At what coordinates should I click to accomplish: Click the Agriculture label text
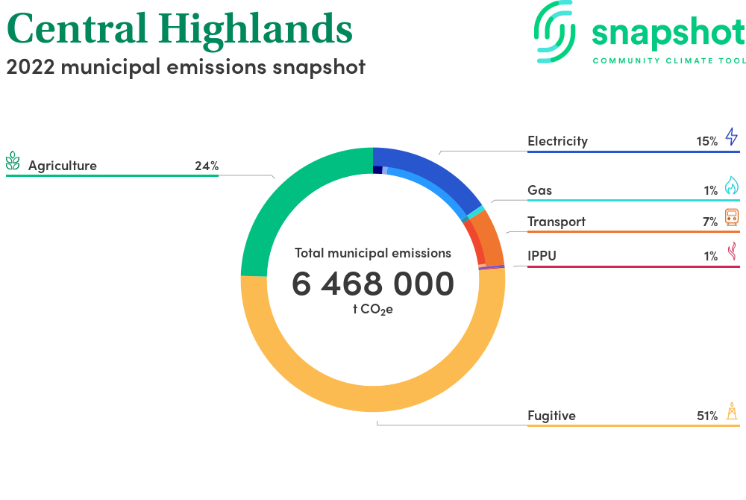63,166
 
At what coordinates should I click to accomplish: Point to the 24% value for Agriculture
207,166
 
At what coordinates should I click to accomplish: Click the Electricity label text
557,141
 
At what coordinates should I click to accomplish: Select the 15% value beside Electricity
707,141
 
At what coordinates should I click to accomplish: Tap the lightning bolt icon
732,137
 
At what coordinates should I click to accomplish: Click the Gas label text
539,190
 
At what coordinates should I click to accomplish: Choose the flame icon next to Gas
732,185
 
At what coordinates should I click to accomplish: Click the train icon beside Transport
733,217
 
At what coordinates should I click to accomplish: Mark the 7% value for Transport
710,222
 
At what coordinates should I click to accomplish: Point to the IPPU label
542,256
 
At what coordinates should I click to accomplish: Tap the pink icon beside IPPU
733,251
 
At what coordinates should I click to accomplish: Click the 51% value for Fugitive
707,416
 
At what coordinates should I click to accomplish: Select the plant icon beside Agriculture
13,160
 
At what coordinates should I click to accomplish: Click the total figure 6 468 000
373,284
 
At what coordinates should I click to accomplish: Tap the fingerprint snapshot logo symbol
554,31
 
